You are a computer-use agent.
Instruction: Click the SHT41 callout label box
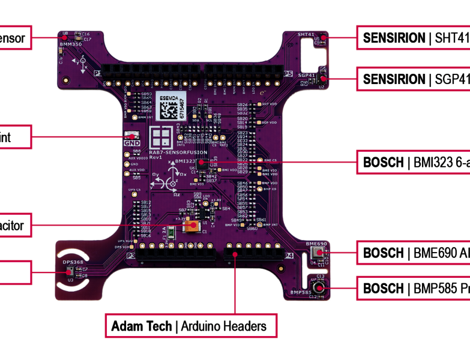[x=414, y=38]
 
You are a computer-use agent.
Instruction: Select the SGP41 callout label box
[x=414, y=79]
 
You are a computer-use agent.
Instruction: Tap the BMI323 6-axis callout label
[x=414, y=162]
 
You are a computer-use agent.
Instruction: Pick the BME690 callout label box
[x=414, y=253]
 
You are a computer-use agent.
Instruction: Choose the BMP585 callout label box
[x=414, y=289]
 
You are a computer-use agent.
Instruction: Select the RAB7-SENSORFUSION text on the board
[x=172, y=154]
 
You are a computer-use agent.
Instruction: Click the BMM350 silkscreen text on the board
[x=71, y=44]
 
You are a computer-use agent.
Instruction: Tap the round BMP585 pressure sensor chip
[x=318, y=289]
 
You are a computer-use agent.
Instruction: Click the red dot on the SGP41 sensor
[x=323, y=79]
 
